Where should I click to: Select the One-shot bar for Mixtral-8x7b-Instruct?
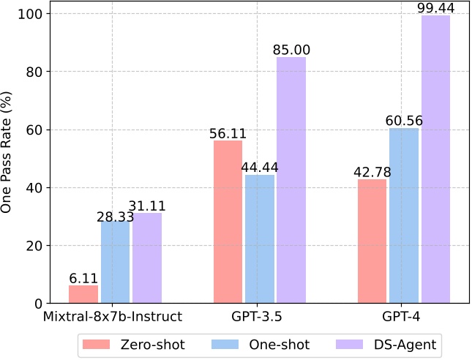115,262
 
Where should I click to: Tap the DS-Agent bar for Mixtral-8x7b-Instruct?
146,258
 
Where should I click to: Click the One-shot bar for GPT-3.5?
260,239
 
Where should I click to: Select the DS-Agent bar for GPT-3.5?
291,180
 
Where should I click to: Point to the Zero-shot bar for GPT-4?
372,241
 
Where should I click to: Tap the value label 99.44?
436,8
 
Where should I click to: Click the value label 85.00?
291,50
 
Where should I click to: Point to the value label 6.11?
83,278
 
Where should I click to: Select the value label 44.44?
260,167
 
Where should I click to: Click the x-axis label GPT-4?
405,318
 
